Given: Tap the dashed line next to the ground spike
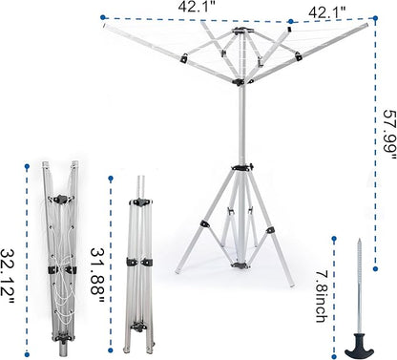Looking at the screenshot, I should coord(333,286).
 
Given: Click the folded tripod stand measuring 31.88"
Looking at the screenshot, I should coord(143,258).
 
